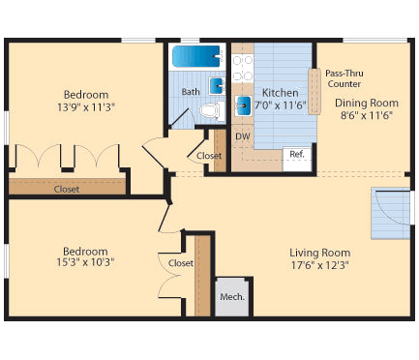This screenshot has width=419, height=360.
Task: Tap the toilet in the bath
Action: (207, 109)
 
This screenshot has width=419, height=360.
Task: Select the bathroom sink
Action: (217, 86)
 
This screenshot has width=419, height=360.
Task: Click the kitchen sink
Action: (245, 105)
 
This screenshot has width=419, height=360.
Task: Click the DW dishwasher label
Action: (242, 136)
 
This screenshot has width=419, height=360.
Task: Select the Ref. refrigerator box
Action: (298, 155)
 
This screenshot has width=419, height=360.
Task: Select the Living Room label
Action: (318, 254)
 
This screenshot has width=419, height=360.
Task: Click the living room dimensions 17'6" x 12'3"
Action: (318, 267)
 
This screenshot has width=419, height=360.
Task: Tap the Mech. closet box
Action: (231, 295)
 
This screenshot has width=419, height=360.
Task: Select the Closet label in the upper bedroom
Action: (67, 189)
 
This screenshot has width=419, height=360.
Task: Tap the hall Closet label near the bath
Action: (208, 156)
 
